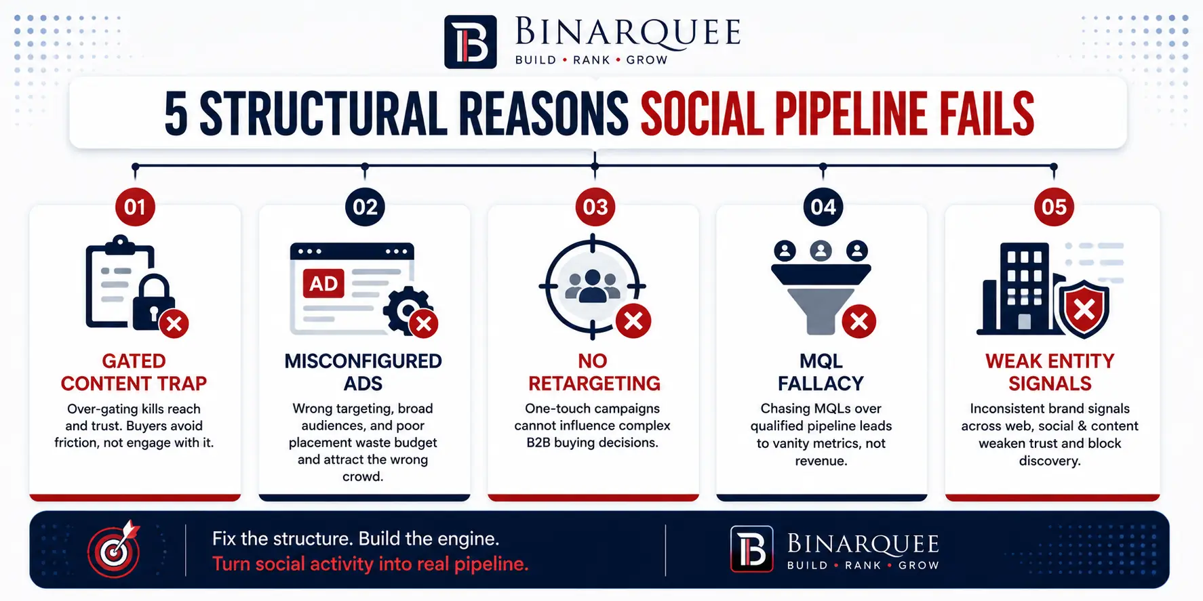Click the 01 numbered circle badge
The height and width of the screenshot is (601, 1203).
point(135,207)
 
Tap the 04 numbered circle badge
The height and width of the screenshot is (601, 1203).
point(823,207)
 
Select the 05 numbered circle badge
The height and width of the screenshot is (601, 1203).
point(1054,207)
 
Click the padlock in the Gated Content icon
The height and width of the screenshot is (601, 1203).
point(152,302)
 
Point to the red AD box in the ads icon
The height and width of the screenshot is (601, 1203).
point(323,283)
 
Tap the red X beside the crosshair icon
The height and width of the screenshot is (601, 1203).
point(633,320)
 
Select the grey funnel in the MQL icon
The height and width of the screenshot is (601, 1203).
point(821,299)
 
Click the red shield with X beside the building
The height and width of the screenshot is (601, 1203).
point(1084,309)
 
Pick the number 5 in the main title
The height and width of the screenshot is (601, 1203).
point(176,114)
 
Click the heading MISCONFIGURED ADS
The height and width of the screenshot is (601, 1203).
point(363,372)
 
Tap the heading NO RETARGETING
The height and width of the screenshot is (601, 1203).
point(594,372)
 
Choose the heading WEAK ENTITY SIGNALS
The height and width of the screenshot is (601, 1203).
point(1050,372)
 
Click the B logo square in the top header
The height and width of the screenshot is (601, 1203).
point(471,42)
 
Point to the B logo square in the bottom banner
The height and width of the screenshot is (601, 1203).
point(751,549)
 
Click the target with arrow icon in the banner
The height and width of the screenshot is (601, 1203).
point(114,550)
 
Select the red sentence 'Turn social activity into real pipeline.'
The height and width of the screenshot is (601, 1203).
point(370,564)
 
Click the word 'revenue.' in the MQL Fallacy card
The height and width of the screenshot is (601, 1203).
point(821,461)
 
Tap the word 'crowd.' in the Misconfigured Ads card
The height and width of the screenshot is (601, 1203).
point(363,476)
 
